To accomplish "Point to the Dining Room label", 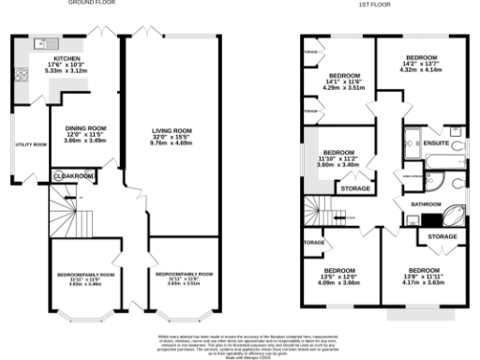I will pyautogui.click(x=85, y=133).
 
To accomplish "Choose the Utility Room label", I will pyautogui.click(x=32, y=144).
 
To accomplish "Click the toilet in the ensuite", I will pyautogui.click(x=456, y=146).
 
